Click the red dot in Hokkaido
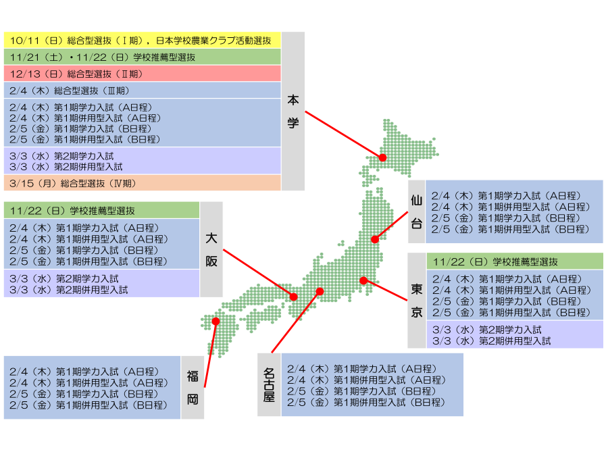click(x=382, y=157)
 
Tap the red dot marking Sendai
click(x=375, y=239)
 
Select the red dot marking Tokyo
click(x=363, y=280)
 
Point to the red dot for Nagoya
click(x=320, y=291)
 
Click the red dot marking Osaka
click(x=294, y=297)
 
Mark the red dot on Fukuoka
click(x=216, y=322)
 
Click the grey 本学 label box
click(x=293, y=111)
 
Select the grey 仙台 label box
click(x=417, y=211)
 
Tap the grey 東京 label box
click(x=417, y=301)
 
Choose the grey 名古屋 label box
click(x=269, y=384)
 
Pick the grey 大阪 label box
click(x=211, y=249)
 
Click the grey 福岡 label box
click(x=193, y=387)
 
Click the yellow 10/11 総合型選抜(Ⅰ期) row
click(x=142, y=40)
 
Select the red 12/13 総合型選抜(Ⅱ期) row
click(x=142, y=74)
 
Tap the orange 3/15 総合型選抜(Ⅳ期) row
click(x=142, y=182)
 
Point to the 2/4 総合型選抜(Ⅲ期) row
click(x=142, y=90)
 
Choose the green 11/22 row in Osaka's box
click(x=101, y=210)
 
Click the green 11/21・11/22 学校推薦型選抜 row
click(x=142, y=57)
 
